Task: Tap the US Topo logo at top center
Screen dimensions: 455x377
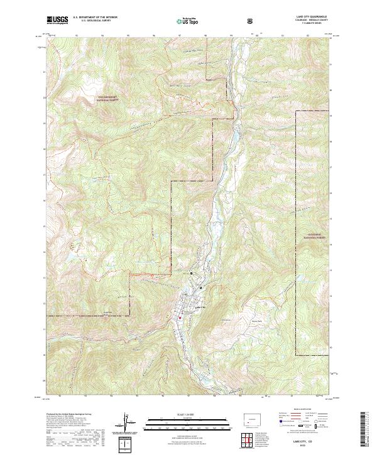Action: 188,21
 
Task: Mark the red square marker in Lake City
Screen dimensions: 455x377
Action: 179,317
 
